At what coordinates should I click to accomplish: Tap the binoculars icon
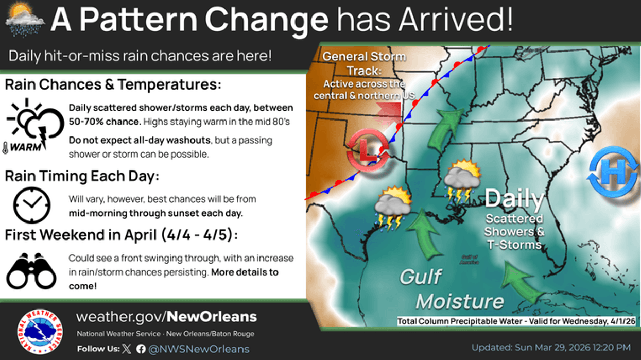pos(31,270)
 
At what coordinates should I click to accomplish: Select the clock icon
pos(31,205)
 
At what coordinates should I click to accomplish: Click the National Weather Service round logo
pos(40,331)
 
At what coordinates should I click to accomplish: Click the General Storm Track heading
pos(364,63)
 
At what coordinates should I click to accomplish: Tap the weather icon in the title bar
pos(25,20)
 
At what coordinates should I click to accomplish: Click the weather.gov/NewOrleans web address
pos(166,316)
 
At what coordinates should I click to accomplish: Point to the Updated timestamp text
pos(551,347)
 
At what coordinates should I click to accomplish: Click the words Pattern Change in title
pos(204,20)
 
